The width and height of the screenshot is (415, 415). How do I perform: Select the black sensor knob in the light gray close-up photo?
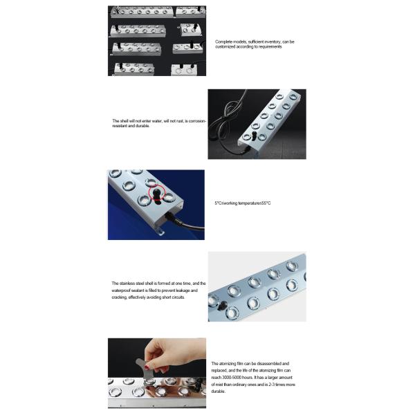215,304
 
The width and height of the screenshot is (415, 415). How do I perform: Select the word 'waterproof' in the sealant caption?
124,290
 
